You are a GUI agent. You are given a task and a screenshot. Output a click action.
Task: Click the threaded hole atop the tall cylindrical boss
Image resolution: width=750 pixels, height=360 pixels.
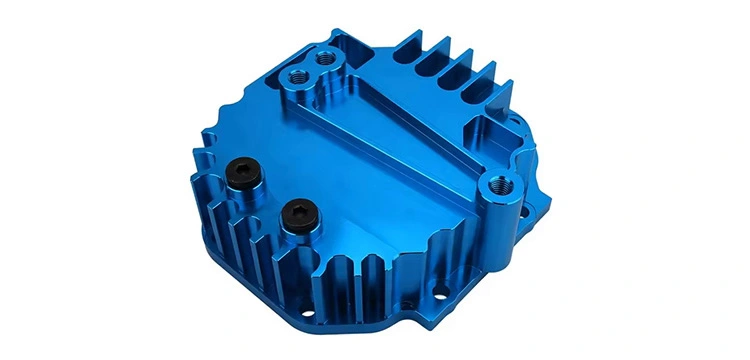496,183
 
